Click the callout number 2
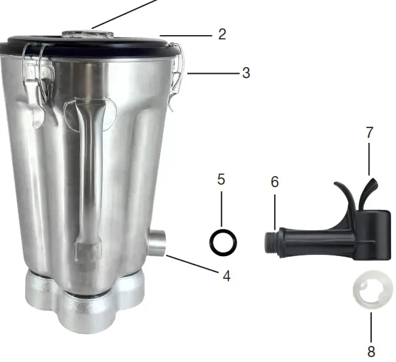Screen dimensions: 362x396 point(222,34)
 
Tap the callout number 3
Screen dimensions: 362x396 point(246,73)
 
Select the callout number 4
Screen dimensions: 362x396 point(226,276)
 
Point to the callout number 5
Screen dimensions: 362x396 point(221,180)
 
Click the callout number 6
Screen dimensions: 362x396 point(275,182)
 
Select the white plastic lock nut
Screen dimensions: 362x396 point(372,291)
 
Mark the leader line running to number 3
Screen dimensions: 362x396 point(212,73)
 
